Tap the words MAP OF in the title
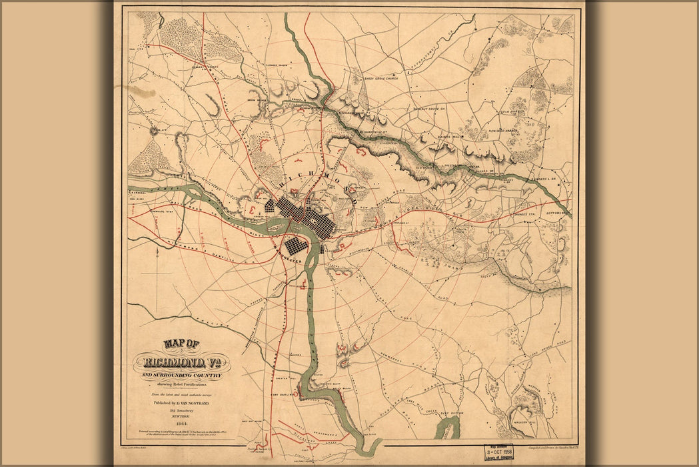(181, 344)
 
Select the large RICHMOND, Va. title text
(181, 364)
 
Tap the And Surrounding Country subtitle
(181, 376)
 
